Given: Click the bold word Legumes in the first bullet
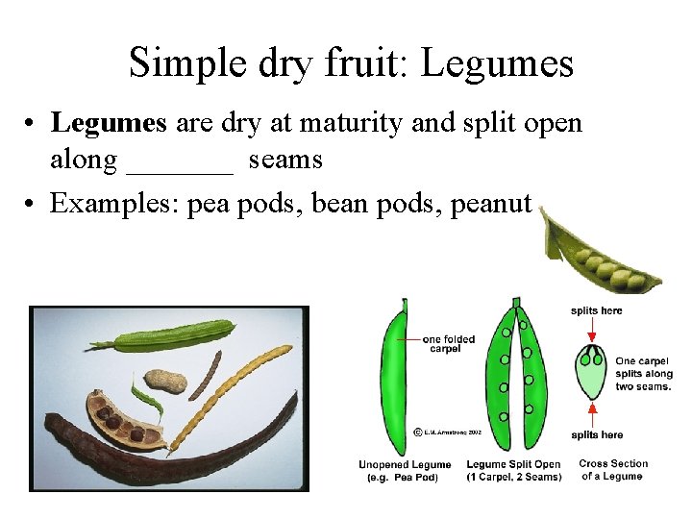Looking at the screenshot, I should click(109, 123).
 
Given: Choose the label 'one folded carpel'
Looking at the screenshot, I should click(449, 344).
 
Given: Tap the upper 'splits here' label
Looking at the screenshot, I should click(596, 310).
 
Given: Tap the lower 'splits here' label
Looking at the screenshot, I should click(596, 435).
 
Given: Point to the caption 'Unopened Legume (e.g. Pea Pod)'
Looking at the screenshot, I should click(405, 471).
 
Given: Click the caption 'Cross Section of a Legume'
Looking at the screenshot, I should click(613, 470).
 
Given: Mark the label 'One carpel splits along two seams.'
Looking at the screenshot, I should click(644, 374).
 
